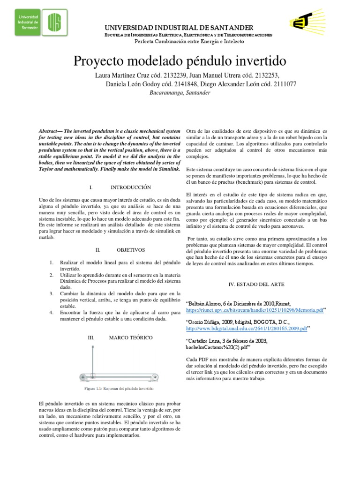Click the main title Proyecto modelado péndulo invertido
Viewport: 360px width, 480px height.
pos(180,61)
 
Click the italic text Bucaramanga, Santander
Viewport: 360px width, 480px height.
pos(180,93)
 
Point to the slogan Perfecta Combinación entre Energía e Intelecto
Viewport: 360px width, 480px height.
pos(189,41)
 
